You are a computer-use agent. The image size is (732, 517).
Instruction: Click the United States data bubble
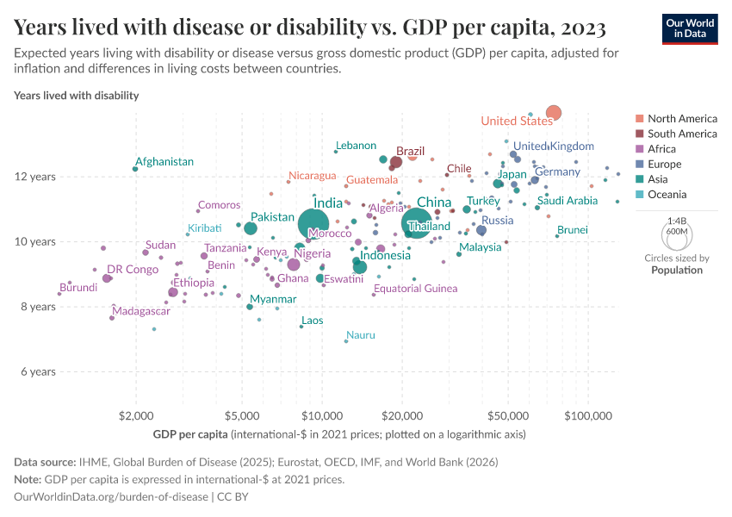pos(554,113)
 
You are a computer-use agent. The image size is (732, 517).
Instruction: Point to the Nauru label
pos(360,334)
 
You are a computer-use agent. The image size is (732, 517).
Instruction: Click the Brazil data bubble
pos(396,162)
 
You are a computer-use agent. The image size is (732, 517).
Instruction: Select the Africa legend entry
pos(663,149)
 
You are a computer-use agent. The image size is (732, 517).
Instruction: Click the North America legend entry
pos(681,118)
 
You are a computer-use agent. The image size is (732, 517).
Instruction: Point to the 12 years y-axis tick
pos(38,177)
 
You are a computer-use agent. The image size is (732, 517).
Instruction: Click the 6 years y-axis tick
pos(38,371)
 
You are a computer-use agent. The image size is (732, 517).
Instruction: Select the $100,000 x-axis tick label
pos(588,415)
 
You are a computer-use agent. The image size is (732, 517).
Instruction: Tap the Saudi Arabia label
pos(568,201)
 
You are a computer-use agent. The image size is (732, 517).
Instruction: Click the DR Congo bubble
pos(107,278)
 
